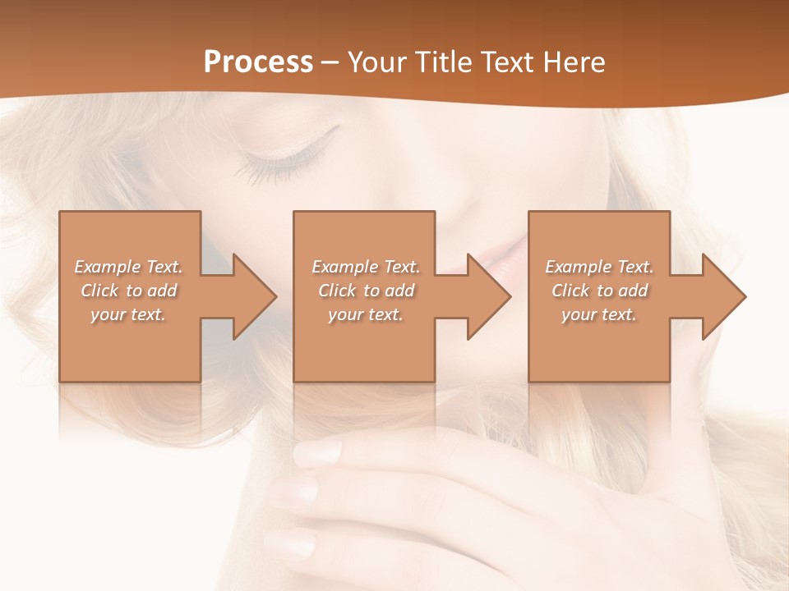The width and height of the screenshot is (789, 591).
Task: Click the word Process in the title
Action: pos(258,62)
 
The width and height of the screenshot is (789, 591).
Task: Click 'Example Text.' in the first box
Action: pos(128,267)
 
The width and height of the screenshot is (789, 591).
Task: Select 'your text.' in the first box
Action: pos(128,314)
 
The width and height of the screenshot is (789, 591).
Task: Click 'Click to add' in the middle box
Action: pos(366,291)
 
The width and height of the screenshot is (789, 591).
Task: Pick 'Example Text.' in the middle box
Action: pos(366,267)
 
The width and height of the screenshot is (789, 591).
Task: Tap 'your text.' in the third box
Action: pos(599,314)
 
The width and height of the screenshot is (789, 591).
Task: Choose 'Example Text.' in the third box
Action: pos(599,267)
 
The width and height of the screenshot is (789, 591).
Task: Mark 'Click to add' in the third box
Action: pos(599,291)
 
